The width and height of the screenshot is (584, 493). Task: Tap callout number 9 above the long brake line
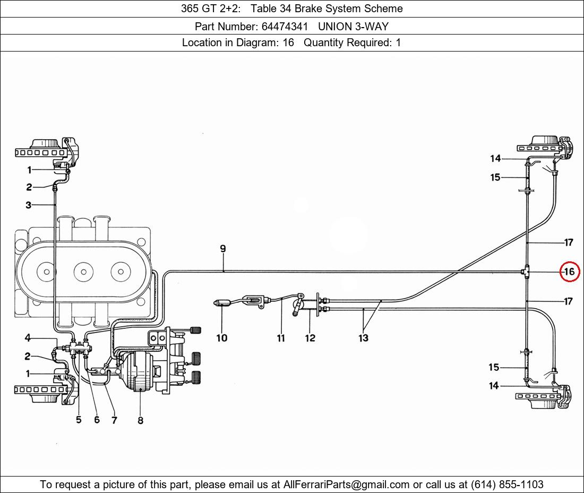coord(223,249)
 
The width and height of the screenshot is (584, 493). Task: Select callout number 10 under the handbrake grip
coord(221,338)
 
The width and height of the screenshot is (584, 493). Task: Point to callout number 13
coord(363,338)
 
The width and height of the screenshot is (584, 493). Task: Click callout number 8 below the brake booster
coord(140,420)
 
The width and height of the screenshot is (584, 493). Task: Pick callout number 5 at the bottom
coord(79,420)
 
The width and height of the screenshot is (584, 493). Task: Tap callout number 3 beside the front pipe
coord(28,205)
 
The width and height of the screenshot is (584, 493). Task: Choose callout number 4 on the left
coord(28,338)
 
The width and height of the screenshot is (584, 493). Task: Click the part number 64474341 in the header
coord(285,27)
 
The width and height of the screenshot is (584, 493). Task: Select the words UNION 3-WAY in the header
coord(353,27)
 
